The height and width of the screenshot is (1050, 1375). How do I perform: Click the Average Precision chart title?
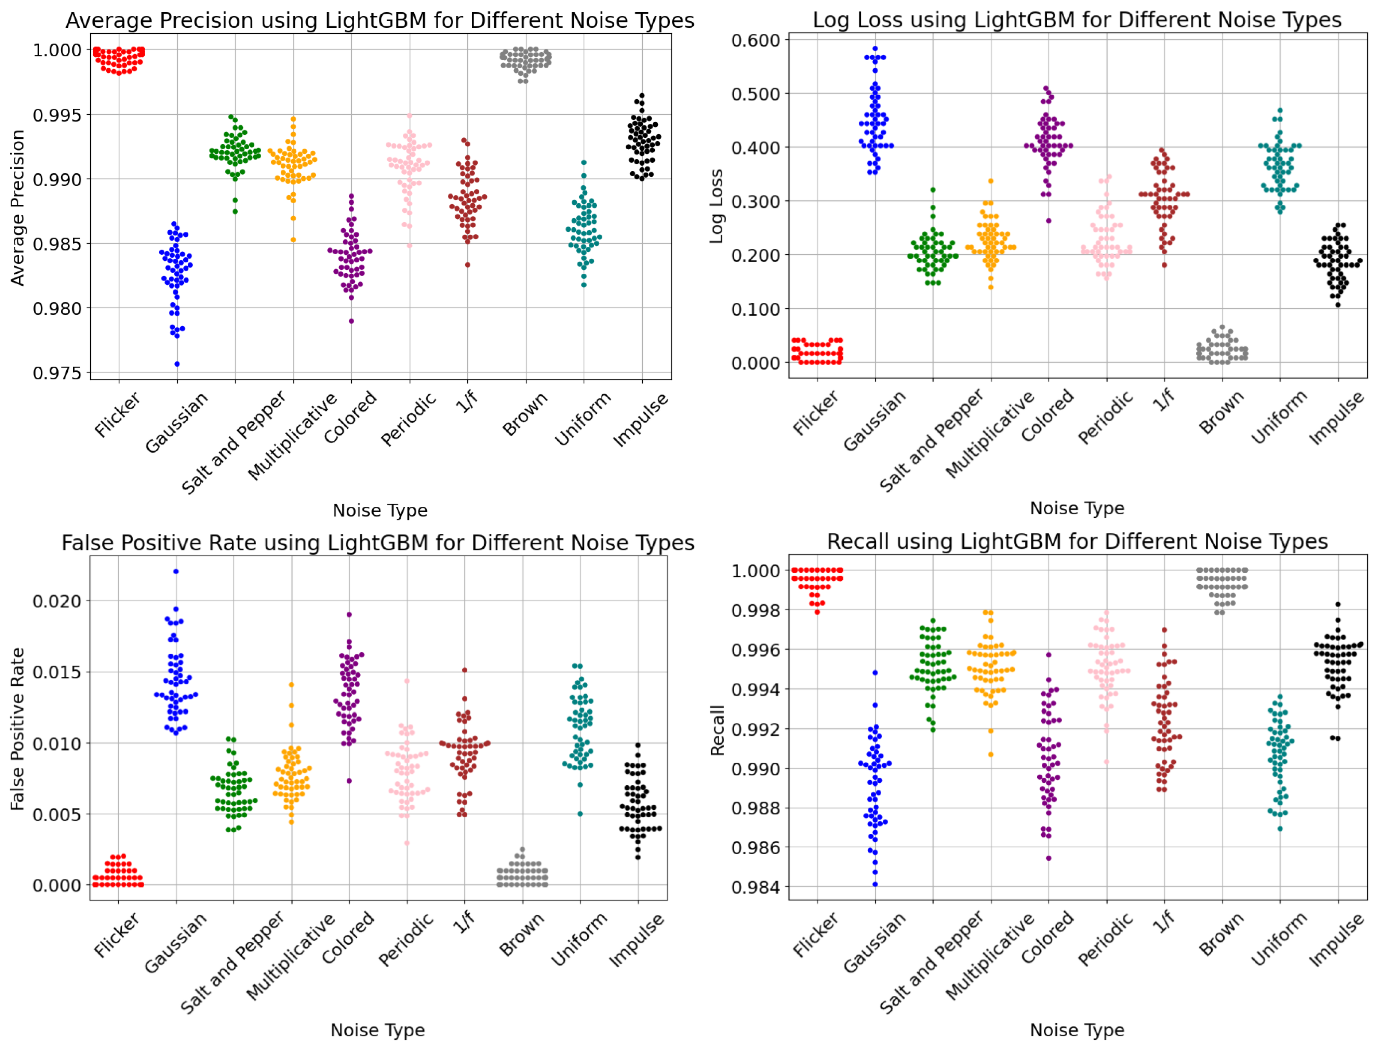(x=379, y=20)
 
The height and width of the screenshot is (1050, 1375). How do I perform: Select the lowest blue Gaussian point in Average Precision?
(x=177, y=364)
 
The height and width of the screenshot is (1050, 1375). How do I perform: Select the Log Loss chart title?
(x=1077, y=20)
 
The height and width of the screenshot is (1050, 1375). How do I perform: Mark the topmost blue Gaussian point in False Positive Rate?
(x=176, y=571)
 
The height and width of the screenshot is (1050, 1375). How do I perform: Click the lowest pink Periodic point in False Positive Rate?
(x=407, y=843)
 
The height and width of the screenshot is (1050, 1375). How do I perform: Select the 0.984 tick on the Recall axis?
(x=755, y=887)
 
